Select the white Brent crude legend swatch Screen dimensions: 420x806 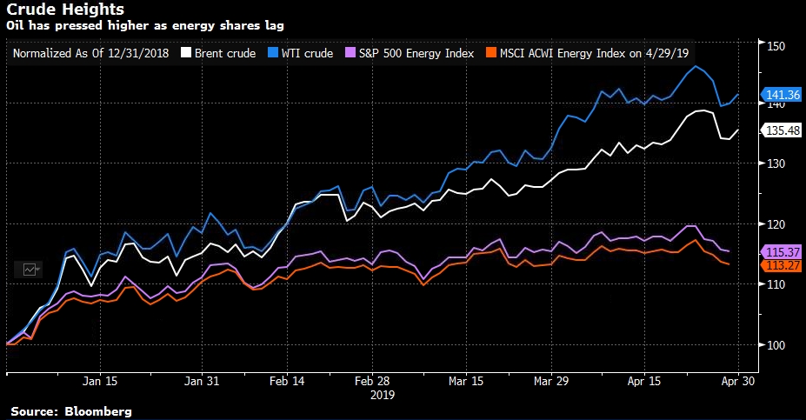(185, 54)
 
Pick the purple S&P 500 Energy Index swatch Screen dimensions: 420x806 (350, 54)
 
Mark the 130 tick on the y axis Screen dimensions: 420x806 (776, 164)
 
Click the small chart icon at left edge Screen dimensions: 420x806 (29, 270)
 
